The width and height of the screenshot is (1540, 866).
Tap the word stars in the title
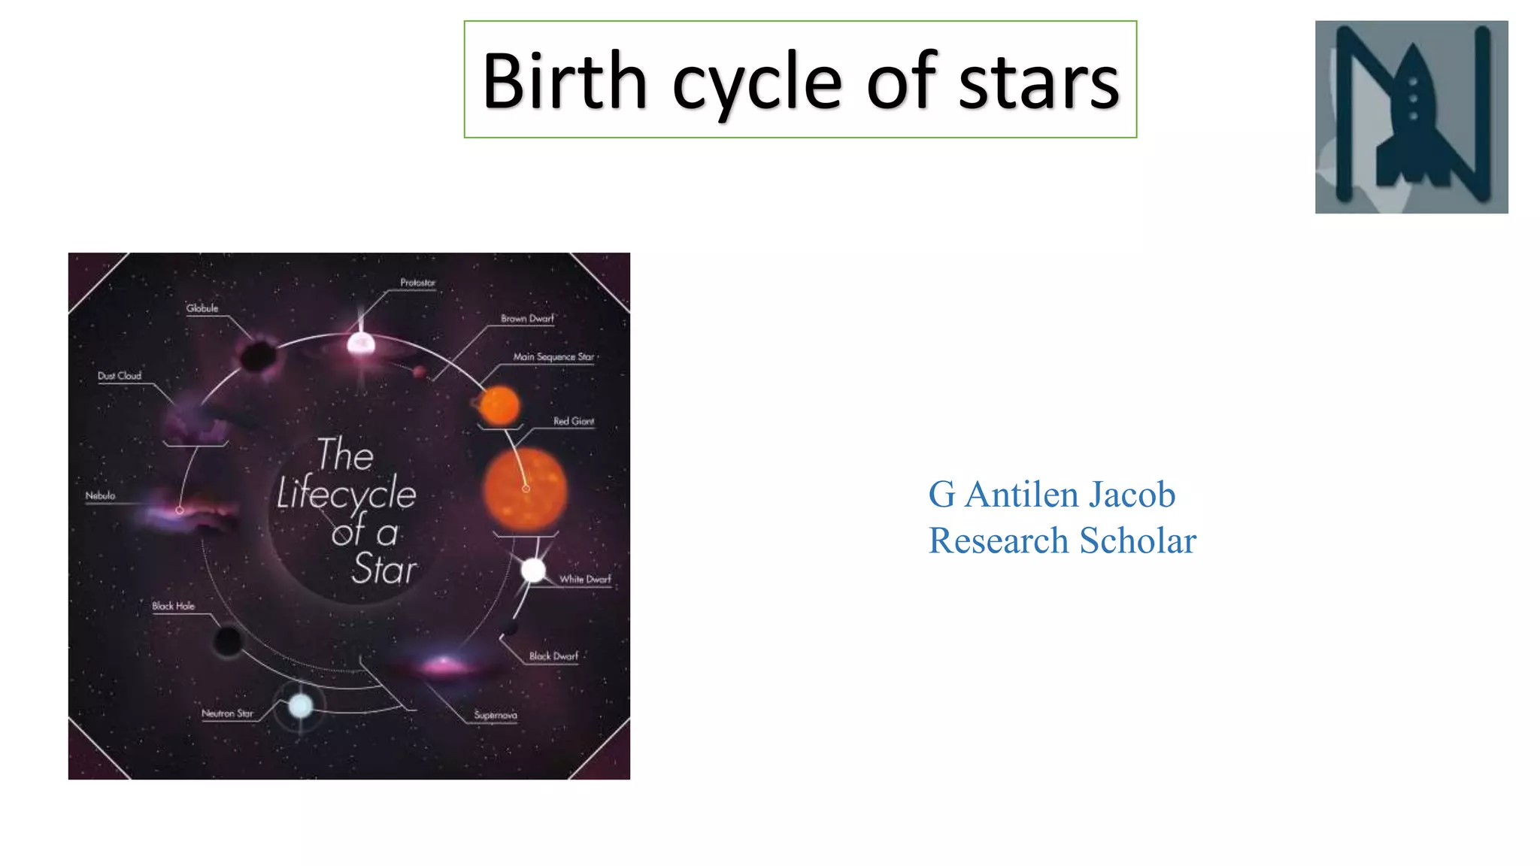[1038, 83]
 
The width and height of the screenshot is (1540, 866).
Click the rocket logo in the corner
[1411, 117]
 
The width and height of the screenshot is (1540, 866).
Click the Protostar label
[417, 283]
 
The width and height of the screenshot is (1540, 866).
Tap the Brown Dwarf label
[527, 319]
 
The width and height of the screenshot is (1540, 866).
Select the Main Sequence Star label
[553, 357]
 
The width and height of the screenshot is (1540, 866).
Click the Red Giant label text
[574, 422]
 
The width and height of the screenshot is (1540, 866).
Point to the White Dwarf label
[585, 580]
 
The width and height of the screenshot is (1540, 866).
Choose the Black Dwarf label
[553, 656]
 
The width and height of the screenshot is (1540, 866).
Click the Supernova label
[496, 716]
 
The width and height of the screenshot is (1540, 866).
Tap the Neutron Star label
[227, 713]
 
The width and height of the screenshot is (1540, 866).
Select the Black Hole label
[173, 606]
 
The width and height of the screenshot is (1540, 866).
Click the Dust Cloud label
[120, 376]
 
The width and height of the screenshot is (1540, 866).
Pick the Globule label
[202, 308]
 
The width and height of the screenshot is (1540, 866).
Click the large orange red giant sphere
[525, 489]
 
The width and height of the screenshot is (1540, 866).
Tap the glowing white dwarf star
[533, 571]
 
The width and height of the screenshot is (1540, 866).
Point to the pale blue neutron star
[301, 706]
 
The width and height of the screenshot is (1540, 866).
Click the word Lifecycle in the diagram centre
[346, 495]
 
